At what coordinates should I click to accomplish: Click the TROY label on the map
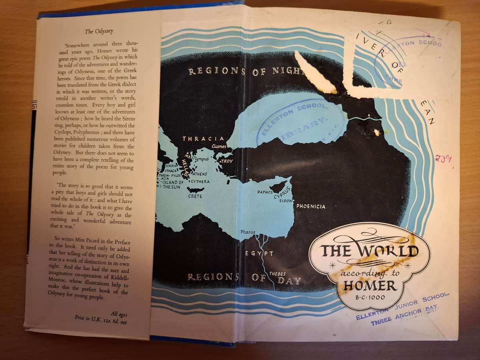tap(227, 161)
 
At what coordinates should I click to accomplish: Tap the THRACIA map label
tap(196, 139)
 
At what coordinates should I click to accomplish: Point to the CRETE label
tap(195, 196)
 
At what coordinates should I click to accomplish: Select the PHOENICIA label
tap(311, 206)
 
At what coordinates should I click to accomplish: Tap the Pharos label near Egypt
tap(248, 232)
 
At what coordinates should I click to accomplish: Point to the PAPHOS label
tap(265, 192)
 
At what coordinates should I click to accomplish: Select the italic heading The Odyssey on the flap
tap(95, 31)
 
